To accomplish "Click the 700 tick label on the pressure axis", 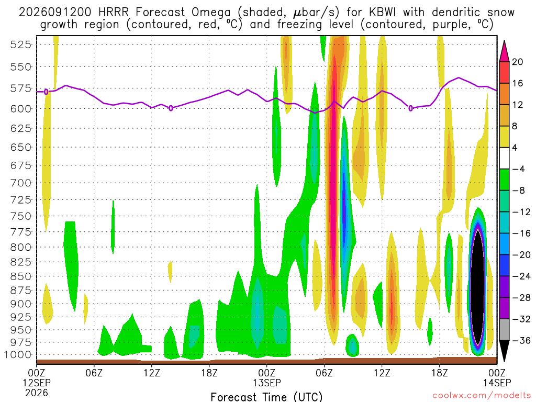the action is tap(20, 183).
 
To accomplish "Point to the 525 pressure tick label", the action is tap(20, 44).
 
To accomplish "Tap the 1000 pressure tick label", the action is tap(17, 354).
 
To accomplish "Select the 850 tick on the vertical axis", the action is tap(20, 276).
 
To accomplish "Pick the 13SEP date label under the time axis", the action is tap(266, 383).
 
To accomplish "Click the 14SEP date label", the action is tap(497, 383).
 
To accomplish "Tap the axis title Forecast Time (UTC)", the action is tap(266, 397).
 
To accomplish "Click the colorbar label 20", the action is tap(517, 62).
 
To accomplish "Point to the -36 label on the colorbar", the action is tap(521, 340).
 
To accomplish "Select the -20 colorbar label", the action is tap(521, 255).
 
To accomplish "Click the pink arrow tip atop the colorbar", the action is tap(504, 41).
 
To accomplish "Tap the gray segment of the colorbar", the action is tap(504, 330).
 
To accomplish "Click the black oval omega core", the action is tap(477, 287).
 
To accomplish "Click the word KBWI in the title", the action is tap(383, 13).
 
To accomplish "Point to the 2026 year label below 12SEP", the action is tap(37, 393).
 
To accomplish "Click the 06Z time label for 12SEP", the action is tap(94, 372).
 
